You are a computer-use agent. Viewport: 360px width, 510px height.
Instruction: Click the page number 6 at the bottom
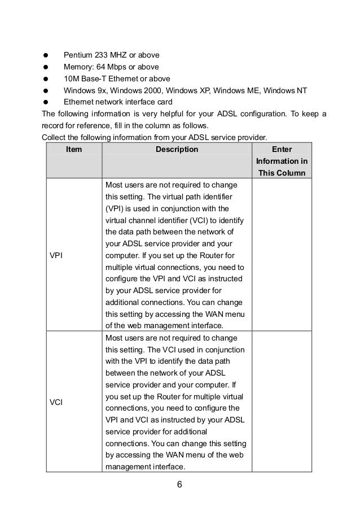click(x=180, y=484)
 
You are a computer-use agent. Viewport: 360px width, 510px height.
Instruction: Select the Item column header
click(x=73, y=150)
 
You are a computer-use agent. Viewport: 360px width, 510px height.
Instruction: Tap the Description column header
click(x=177, y=150)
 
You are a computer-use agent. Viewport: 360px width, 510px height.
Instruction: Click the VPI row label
click(x=56, y=255)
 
